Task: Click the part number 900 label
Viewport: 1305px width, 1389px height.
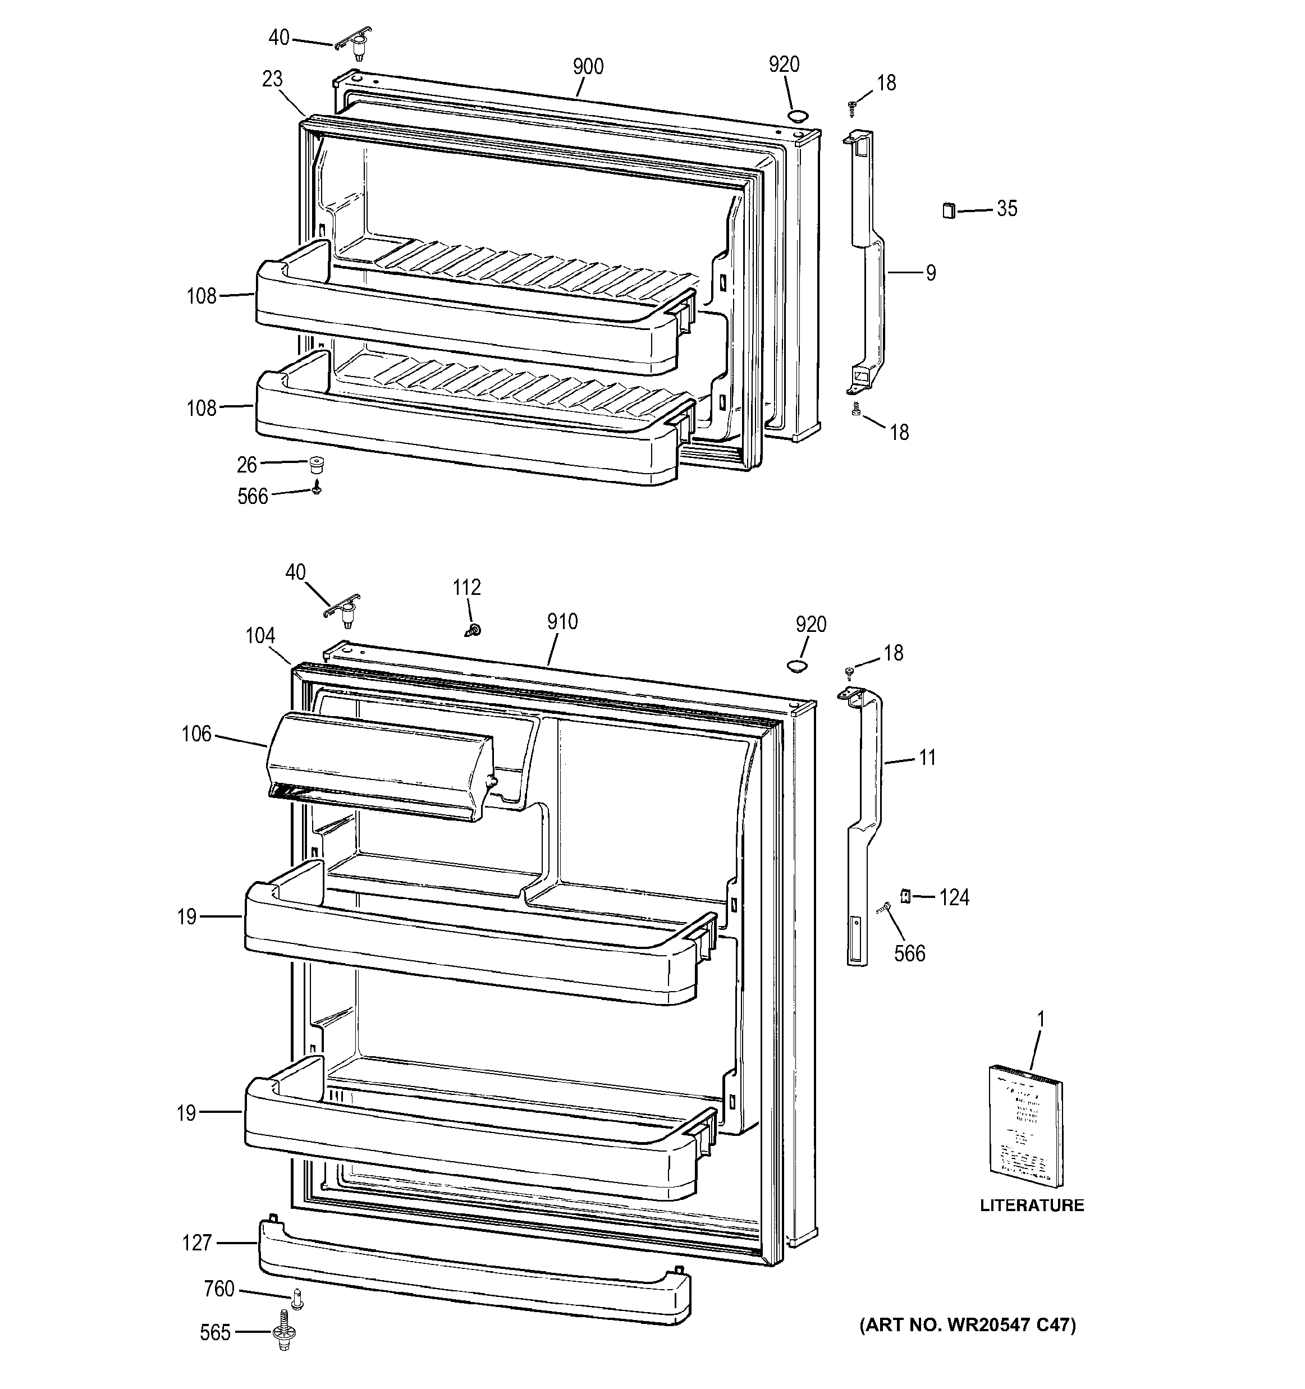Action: pos(588,67)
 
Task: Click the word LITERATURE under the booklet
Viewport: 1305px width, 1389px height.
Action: pos(1032,1205)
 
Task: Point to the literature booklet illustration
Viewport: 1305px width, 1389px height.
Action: pos(1025,1125)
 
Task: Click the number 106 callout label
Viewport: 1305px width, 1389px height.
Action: pos(196,734)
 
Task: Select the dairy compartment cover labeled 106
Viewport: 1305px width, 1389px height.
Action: pos(381,765)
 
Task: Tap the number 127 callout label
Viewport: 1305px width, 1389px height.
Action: pos(196,1243)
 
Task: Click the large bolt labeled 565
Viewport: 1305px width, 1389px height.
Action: pos(283,1333)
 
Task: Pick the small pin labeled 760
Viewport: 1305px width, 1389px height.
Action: pos(297,1298)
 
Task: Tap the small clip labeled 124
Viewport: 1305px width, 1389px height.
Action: pos(905,895)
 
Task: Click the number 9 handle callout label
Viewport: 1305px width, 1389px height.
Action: pos(931,273)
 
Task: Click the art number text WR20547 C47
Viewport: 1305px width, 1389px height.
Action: pos(968,1324)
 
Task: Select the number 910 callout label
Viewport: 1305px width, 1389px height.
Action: pos(562,621)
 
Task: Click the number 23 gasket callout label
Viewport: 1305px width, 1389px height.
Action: pos(272,79)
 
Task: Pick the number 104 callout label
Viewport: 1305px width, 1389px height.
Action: pos(260,636)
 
